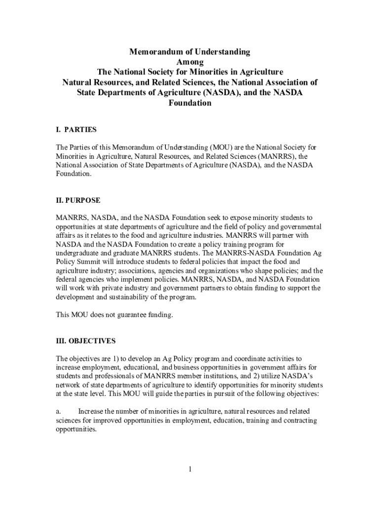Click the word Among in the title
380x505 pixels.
pyautogui.click(x=190, y=62)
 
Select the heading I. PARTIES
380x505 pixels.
pyautogui.click(x=76, y=130)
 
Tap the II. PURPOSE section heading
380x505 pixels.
pyautogui.click(x=78, y=200)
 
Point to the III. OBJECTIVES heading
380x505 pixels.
pyautogui.click(x=86, y=341)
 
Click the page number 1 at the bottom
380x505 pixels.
pyautogui.click(x=190, y=469)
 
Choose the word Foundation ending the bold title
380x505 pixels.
pyautogui.click(x=190, y=104)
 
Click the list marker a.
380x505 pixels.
pyautogui.click(x=58, y=411)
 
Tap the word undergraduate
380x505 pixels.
pyautogui.click(x=79, y=253)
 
